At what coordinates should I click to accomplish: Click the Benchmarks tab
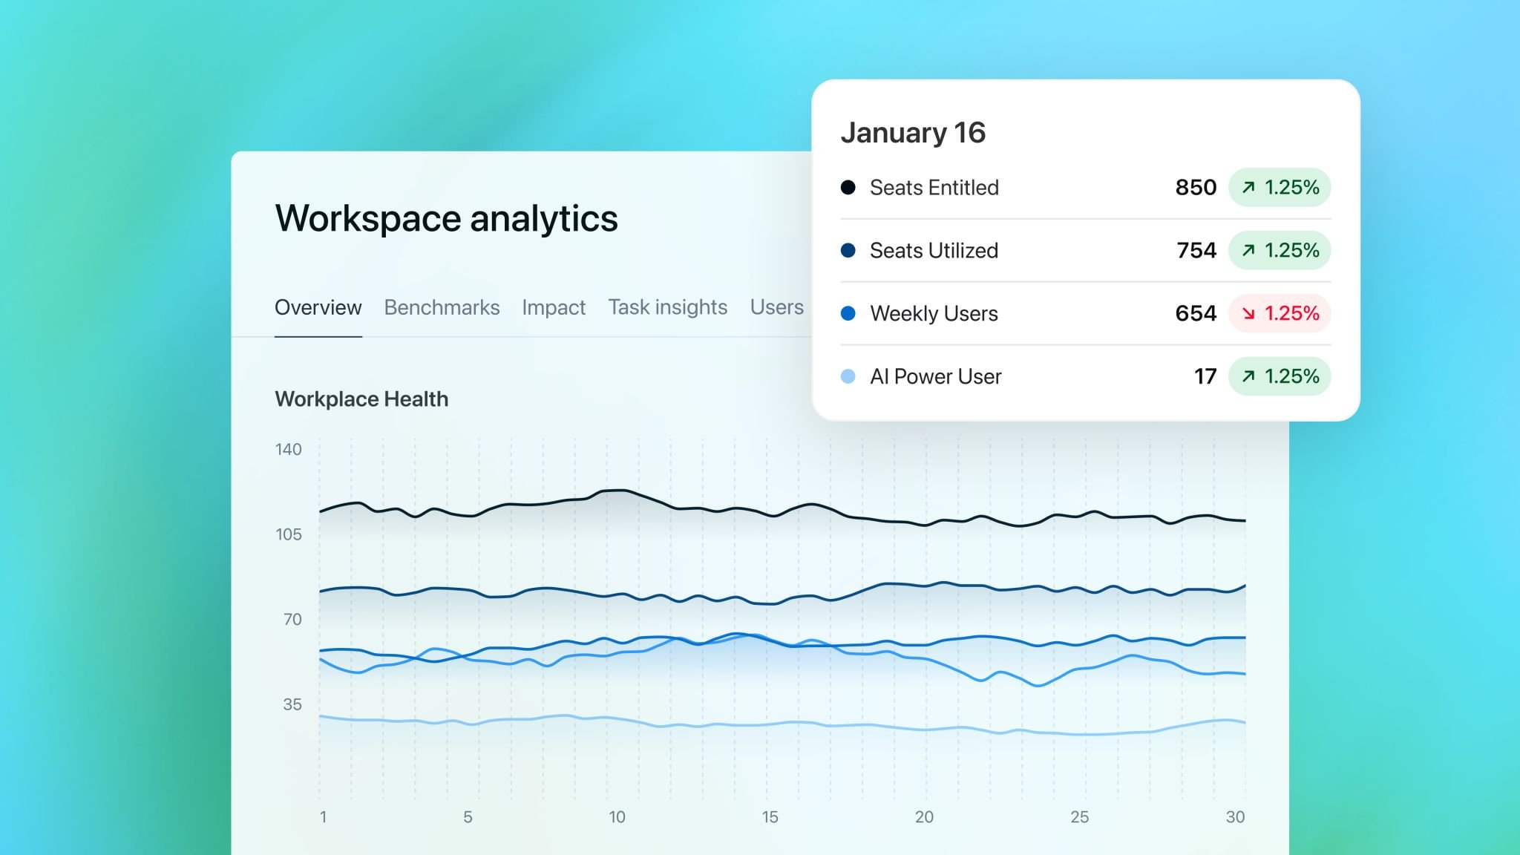pos(442,307)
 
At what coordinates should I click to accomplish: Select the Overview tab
pos(318,307)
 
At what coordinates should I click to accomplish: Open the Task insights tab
pos(667,307)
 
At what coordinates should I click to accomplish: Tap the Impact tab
pos(553,307)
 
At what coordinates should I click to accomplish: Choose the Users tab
pos(776,307)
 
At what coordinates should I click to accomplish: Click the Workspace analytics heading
pos(446,218)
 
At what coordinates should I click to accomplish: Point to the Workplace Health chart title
pos(361,399)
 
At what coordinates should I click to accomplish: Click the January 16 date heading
pos(912,133)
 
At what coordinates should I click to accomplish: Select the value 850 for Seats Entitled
pos(1195,187)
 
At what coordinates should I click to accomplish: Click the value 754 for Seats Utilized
pos(1196,250)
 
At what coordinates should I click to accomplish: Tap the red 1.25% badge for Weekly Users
pos(1280,313)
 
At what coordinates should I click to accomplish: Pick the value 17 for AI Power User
pos(1205,376)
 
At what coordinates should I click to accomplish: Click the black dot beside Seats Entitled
pos(848,187)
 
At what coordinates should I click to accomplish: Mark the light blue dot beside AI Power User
pos(848,376)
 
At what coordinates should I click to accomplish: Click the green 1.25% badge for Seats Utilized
pos(1280,250)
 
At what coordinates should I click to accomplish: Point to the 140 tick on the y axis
pos(288,449)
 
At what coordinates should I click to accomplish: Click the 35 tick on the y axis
pos(292,704)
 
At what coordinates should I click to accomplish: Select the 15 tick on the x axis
pos(770,817)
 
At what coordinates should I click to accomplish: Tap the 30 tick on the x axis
pos(1234,817)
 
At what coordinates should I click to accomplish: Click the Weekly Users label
pos(934,313)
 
